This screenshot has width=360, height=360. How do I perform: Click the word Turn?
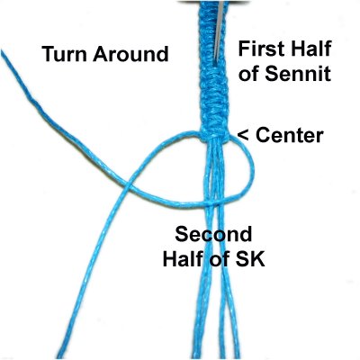point(65,54)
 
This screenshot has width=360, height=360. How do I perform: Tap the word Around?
point(130,54)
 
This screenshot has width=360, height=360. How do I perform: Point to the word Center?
point(290,136)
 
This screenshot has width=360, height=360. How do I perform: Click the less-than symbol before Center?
point(243,136)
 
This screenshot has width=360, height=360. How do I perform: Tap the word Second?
point(213,234)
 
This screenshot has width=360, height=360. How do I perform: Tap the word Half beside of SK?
point(183,258)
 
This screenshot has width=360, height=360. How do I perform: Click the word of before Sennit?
point(250,74)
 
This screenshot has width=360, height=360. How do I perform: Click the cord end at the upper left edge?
point(3,51)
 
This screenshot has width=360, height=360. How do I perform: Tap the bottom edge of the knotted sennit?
point(214,139)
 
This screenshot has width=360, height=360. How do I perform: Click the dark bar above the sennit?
point(213,2)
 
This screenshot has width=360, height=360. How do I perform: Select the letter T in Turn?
point(49,54)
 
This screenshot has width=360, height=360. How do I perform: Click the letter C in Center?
point(263,136)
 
